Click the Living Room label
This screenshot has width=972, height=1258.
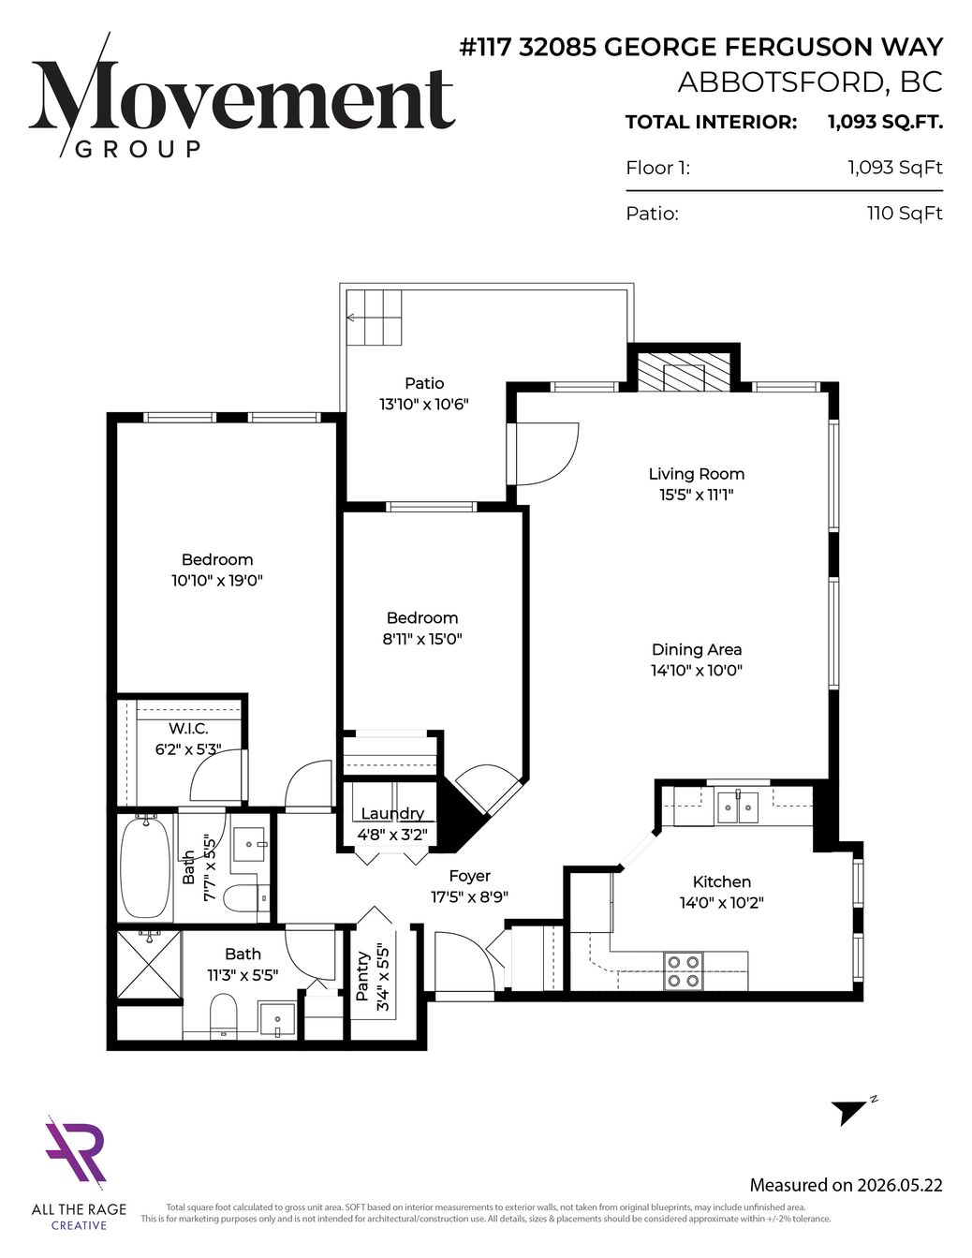click(x=696, y=474)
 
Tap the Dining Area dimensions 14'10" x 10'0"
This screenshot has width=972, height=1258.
click(x=697, y=671)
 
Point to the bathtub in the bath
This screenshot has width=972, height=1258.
click(x=144, y=867)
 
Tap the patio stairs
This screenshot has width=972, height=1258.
click(x=374, y=318)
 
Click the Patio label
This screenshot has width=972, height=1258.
click(x=424, y=383)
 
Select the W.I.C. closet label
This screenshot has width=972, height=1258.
click(x=188, y=728)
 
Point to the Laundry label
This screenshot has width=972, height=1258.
click(x=392, y=813)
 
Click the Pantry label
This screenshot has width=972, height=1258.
click(x=362, y=976)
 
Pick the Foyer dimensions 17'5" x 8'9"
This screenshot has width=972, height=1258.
click(x=469, y=896)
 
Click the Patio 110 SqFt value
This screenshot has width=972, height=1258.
click(x=905, y=214)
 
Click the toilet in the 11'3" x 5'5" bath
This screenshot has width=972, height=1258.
click(x=223, y=1016)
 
